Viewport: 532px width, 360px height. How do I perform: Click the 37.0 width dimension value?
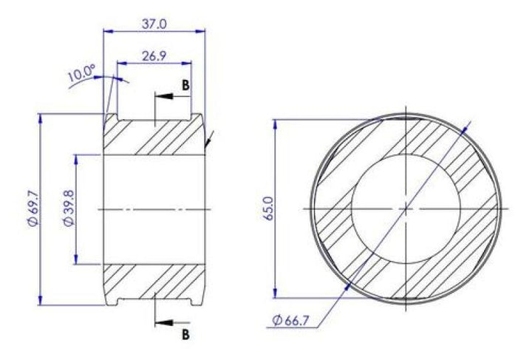[x=154, y=24]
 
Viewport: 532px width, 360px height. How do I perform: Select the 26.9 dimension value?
[x=154, y=56]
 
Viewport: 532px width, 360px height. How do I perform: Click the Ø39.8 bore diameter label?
[x=68, y=208]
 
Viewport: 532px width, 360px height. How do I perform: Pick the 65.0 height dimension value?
[x=268, y=208]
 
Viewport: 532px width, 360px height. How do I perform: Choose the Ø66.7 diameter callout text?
[x=290, y=320]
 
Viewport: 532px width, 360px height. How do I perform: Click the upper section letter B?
[x=185, y=85]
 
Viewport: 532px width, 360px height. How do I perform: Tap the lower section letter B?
[x=185, y=335]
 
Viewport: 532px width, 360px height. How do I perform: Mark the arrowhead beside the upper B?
[x=164, y=96]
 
